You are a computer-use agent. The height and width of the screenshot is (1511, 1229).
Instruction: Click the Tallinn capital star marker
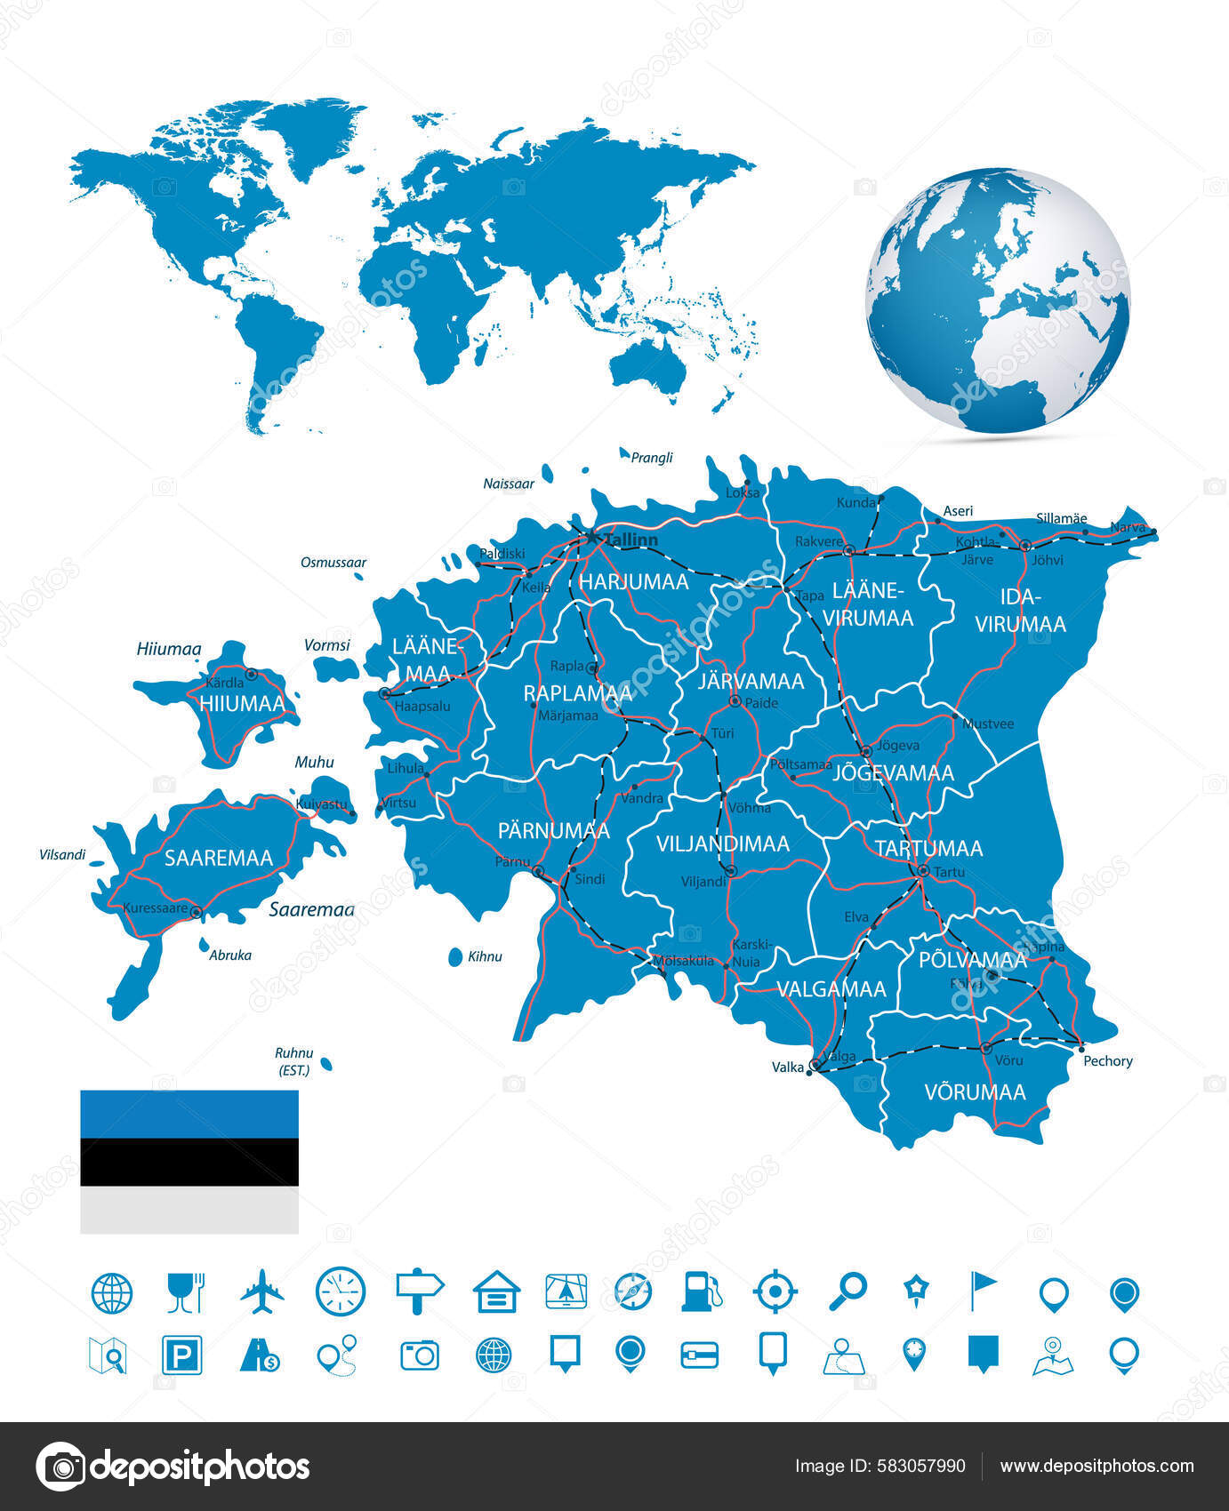(591, 537)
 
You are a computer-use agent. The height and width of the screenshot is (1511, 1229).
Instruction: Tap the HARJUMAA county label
(633, 582)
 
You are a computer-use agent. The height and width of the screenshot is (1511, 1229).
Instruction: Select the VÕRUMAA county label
(975, 1092)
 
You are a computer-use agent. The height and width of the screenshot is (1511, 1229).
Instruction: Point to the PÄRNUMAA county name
(553, 831)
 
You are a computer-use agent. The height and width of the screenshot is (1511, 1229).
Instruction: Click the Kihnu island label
(485, 956)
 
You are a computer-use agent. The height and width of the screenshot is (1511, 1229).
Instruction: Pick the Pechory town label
(1107, 1060)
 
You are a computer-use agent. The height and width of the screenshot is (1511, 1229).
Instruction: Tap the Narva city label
(1128, 527)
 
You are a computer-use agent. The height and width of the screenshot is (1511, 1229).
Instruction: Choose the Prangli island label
(652, 458)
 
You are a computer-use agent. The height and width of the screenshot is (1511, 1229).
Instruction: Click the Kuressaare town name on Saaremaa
(155, 908)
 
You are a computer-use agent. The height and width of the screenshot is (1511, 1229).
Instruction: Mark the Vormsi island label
(327, 645)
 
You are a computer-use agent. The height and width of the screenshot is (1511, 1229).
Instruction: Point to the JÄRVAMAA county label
(751, 682)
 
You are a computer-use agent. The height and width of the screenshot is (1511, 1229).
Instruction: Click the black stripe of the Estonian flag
(189, 1162)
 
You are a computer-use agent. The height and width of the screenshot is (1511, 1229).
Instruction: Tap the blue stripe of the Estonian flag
(189, 1114)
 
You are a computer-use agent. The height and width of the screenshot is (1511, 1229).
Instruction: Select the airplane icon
(262, 1291)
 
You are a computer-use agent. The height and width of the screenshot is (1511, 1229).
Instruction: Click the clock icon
(341, 1291)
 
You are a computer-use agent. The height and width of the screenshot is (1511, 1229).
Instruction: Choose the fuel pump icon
(702, 1291)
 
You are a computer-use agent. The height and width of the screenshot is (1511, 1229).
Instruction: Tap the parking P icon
(182, 1355)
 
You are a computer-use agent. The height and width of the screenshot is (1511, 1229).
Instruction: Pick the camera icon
(419, 1355)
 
